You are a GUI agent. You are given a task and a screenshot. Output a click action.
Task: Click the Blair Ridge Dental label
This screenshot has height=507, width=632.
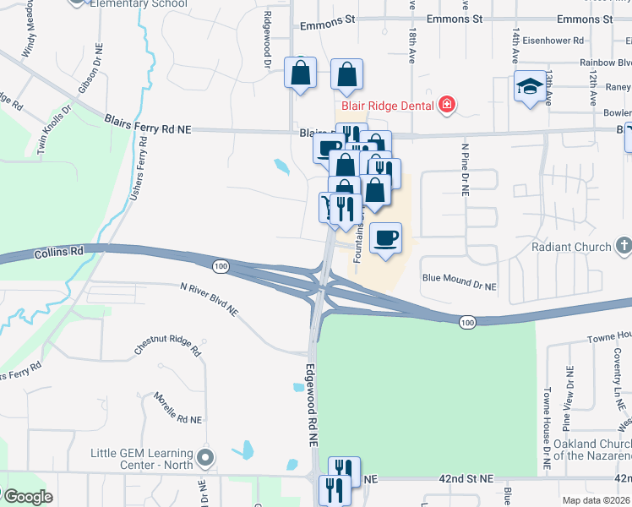tap(387, 106)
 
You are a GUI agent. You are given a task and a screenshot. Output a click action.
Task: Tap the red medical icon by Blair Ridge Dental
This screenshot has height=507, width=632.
tap(446, 106)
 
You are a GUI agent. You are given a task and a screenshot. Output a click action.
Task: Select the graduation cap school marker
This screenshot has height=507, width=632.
tap(530, 86)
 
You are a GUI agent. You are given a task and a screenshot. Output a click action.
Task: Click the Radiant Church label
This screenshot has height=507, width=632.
tap(571, 247)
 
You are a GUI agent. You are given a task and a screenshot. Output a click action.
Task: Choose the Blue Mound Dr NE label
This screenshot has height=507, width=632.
tap(459, 281)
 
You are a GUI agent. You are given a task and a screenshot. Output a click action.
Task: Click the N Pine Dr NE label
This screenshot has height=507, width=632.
tap(464, 169)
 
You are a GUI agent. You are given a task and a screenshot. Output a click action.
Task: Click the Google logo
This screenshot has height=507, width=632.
tap(28, 497)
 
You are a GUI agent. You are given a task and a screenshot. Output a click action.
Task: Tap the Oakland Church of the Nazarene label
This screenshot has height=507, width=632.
tap(592, 450)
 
